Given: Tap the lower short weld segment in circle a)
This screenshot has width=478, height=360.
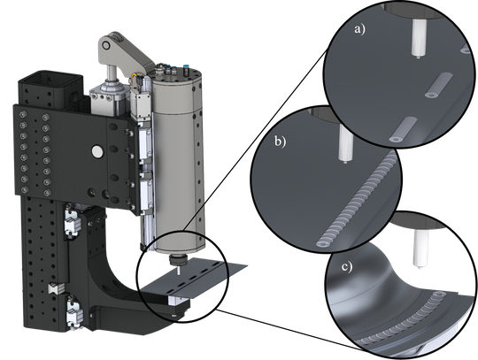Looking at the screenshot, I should pos(402,131).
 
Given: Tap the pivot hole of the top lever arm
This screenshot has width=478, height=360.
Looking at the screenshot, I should pos(108,42).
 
